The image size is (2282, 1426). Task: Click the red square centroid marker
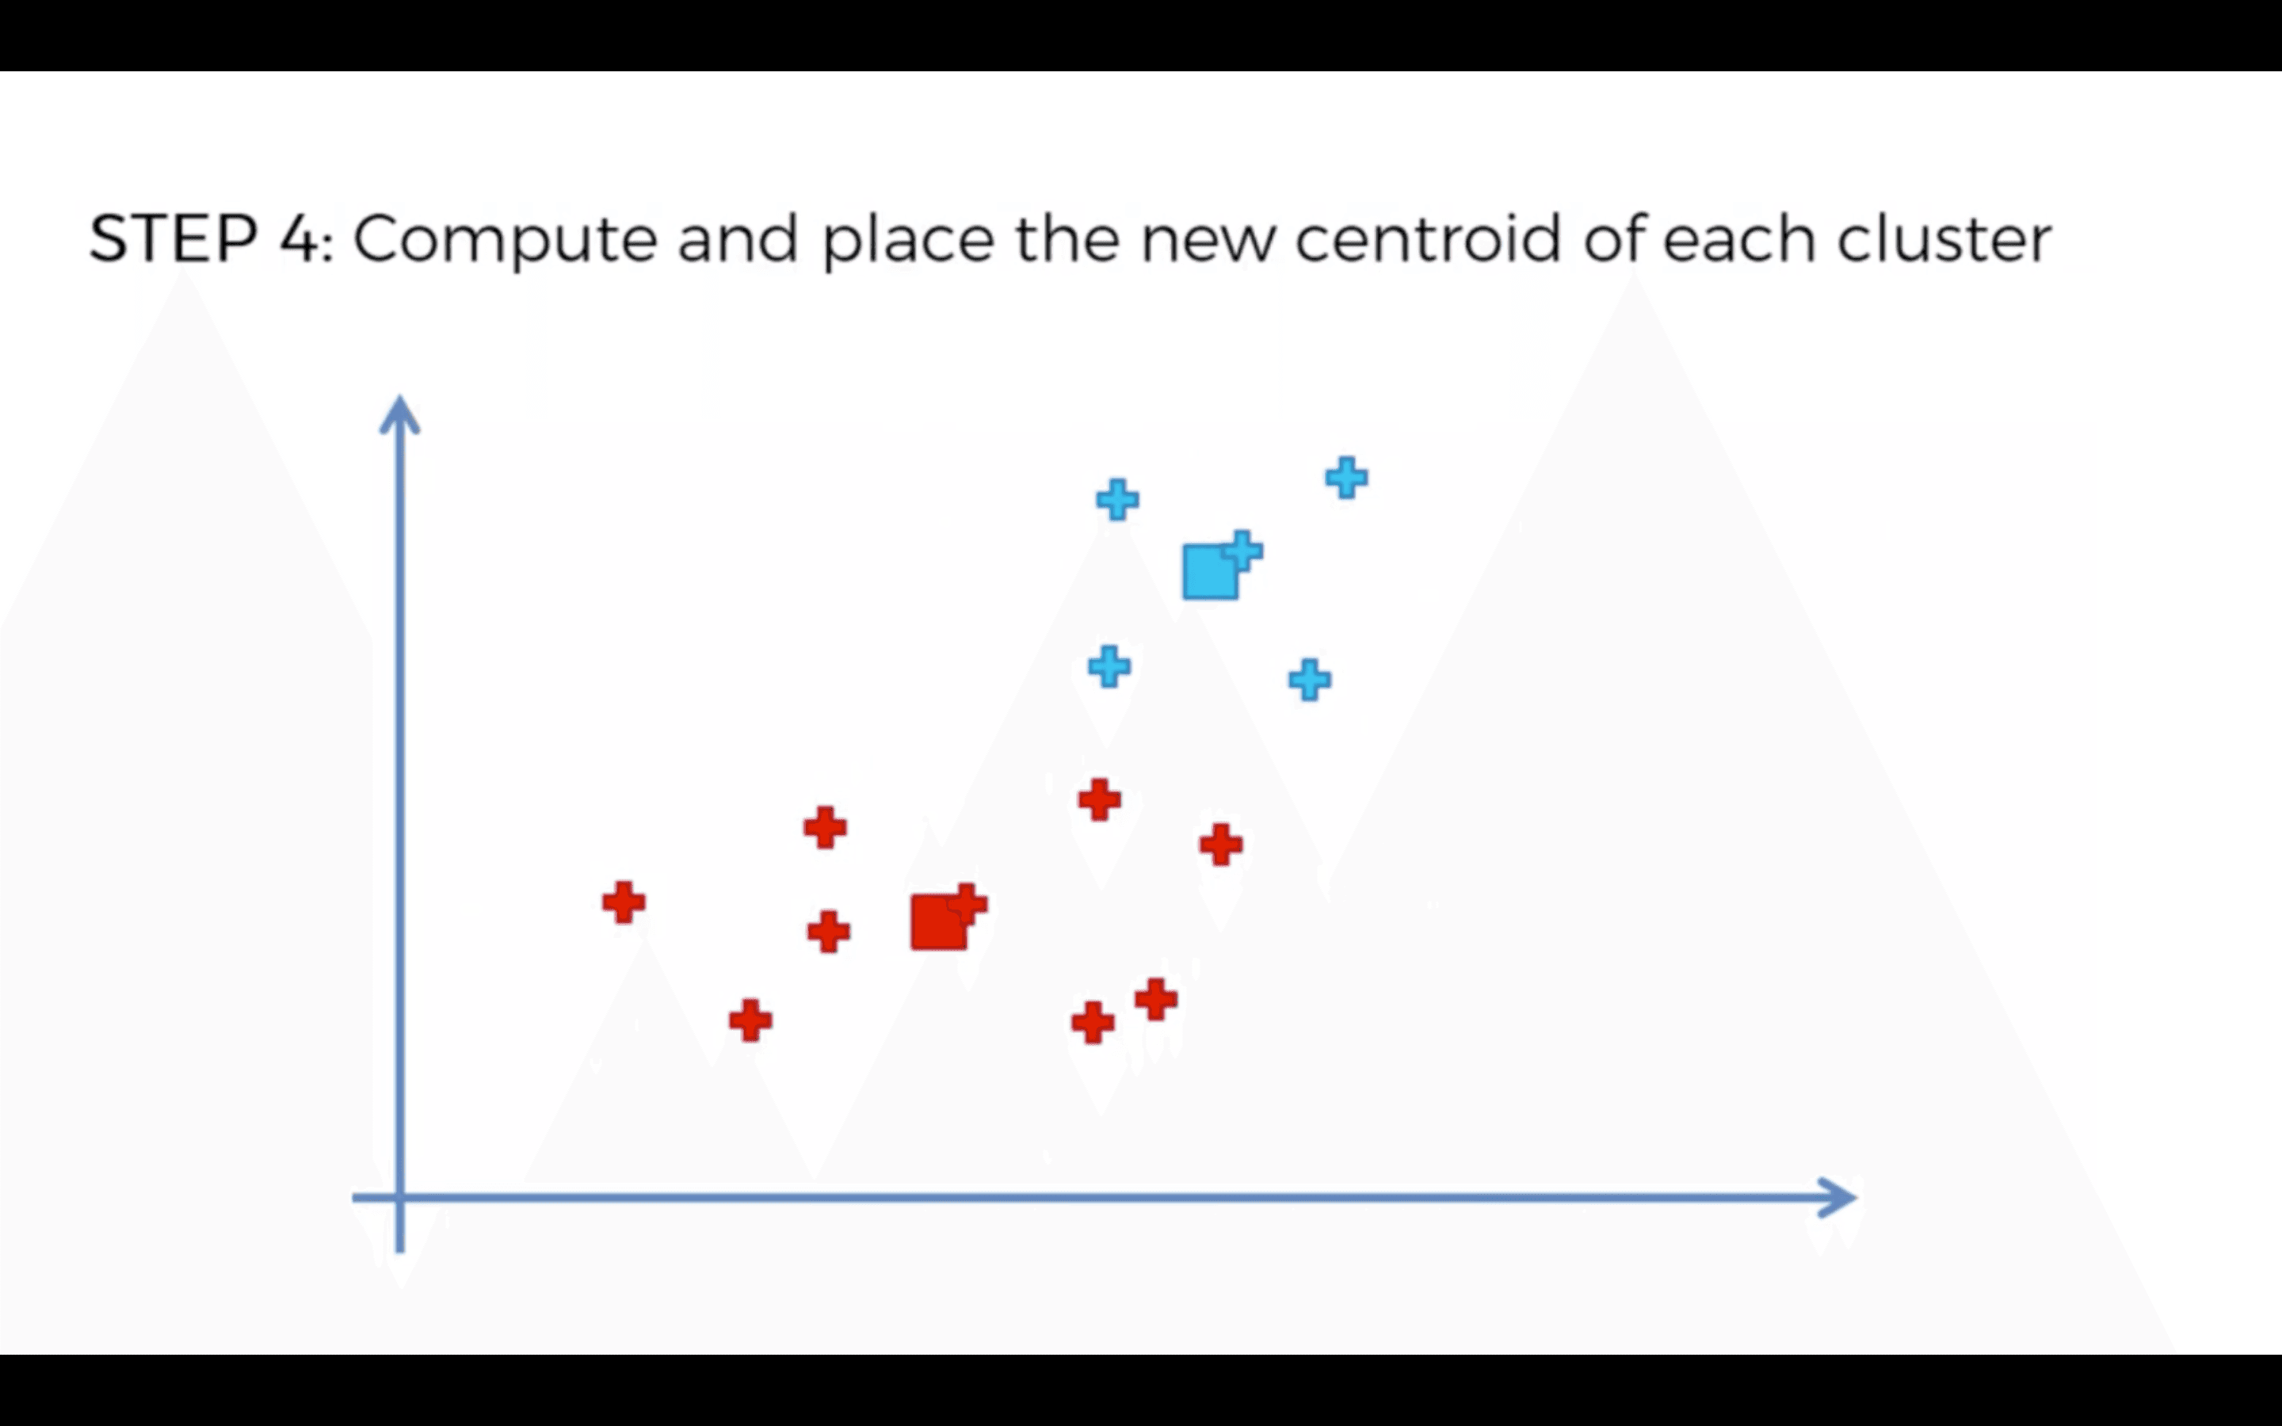[x=937, y=922]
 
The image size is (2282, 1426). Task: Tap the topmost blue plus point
[x=1346, y=477]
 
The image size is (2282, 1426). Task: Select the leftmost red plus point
[x=624, y=902]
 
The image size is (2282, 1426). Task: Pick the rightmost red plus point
[x=1221, y=844]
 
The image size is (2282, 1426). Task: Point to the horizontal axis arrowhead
[x=1839, y=1198]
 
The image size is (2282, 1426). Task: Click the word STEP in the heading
[x=174, y=238]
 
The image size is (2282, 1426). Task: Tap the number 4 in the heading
[x=300, y=238]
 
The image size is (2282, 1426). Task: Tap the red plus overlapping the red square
[x=967, y=903]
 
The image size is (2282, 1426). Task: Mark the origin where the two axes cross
[x=400, y=1198]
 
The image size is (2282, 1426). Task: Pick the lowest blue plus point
[x=1310, y=680]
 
